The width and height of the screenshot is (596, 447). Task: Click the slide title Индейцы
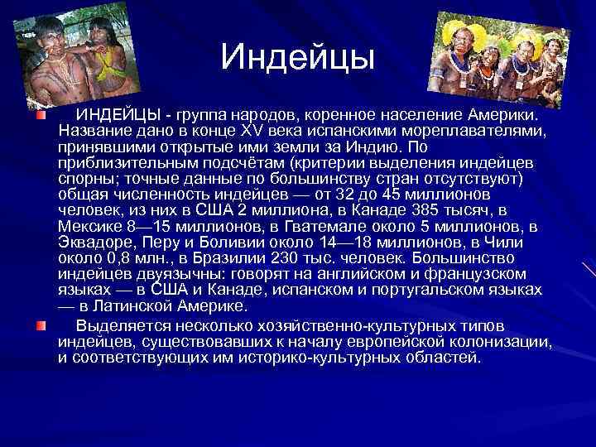click(x=298, y=57)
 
